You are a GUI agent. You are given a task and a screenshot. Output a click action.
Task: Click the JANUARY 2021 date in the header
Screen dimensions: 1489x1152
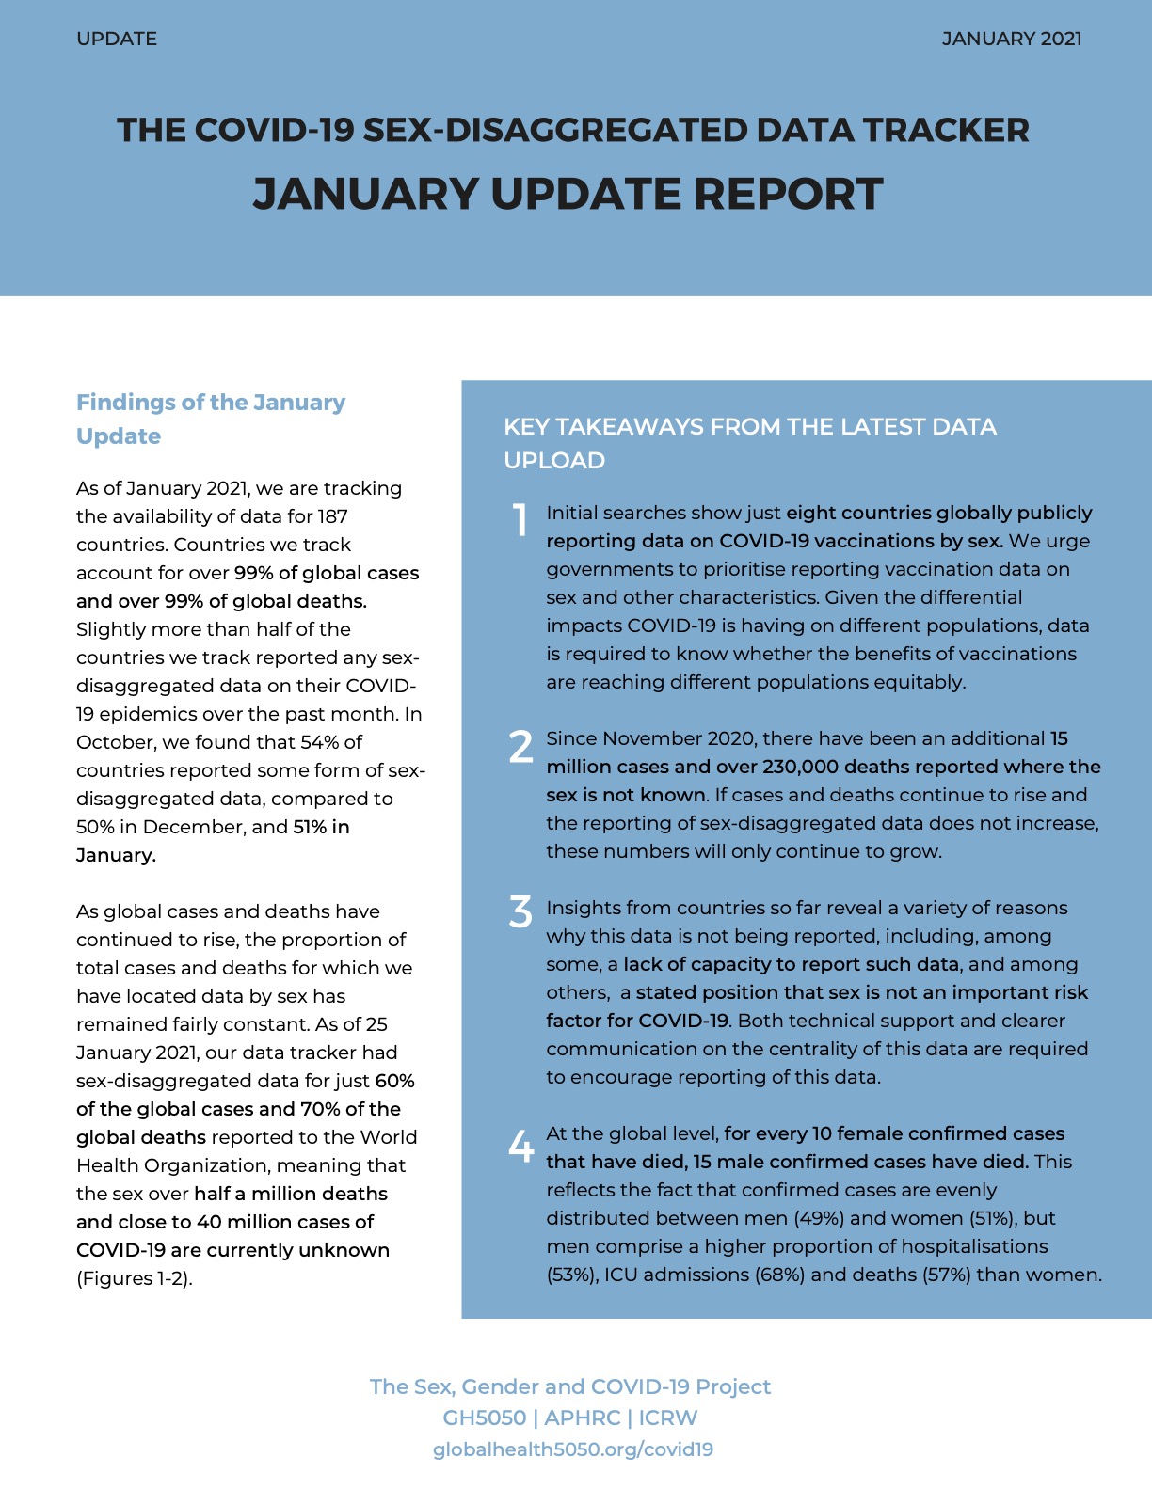1011,39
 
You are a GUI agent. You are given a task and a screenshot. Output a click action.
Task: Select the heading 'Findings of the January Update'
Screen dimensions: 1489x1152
210,419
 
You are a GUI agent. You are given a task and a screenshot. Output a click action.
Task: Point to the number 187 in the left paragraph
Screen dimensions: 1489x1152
331,516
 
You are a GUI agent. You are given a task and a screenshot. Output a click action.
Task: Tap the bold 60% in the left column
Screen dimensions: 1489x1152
394,1081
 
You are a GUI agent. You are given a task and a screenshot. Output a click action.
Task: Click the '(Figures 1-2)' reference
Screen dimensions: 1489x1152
134,1278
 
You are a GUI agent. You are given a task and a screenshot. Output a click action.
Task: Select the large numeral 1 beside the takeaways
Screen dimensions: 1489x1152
520,520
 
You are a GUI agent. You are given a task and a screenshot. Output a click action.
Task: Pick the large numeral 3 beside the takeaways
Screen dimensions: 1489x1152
520,911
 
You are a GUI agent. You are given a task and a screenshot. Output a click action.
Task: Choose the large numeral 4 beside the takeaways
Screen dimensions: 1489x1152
520,1146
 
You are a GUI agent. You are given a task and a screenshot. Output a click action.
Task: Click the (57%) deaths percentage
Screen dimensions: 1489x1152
944,1275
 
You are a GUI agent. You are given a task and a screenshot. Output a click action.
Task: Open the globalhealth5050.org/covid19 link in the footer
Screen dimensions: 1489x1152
572,1449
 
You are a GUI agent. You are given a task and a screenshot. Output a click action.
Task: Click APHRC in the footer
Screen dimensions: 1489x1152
582,1418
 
